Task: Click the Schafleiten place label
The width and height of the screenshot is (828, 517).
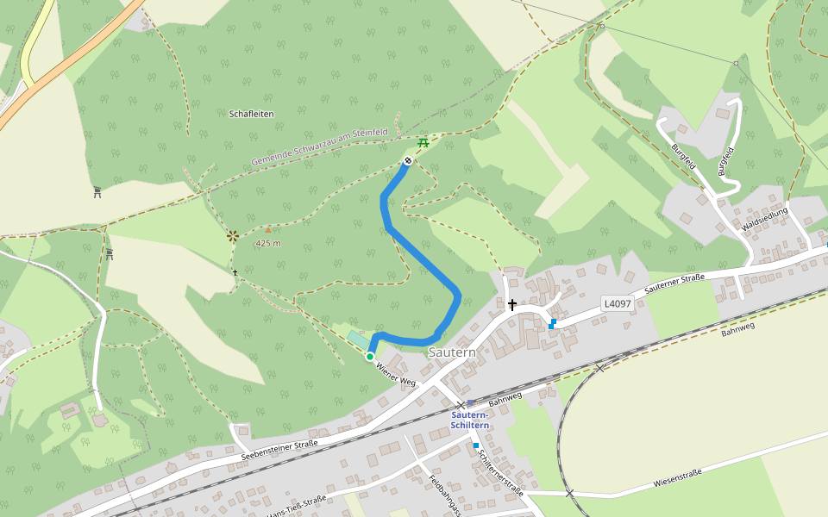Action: click(252, 114)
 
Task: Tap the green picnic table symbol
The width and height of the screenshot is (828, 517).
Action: click(423, 142)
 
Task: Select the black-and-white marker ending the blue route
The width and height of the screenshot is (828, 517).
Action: click(408, 160)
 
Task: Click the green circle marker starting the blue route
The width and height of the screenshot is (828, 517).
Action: click(370, 357)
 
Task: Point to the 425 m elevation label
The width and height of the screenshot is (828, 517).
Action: click(268, 243)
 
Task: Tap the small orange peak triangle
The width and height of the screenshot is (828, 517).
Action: click(268, 230)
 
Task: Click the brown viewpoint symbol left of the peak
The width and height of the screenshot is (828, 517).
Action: click(232, 234)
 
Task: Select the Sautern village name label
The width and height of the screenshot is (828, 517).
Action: click(452, 352)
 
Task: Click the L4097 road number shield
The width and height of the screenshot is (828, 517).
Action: click(618, 303)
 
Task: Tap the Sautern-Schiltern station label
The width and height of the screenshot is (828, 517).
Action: click(470, 420)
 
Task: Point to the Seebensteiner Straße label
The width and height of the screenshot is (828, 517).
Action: click(279, 450)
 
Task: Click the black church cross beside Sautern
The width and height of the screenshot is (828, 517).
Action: click(512, 304)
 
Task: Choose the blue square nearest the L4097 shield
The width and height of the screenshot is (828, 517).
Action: click(552, 324)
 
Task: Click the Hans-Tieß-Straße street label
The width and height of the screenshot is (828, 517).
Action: click(298, 508)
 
